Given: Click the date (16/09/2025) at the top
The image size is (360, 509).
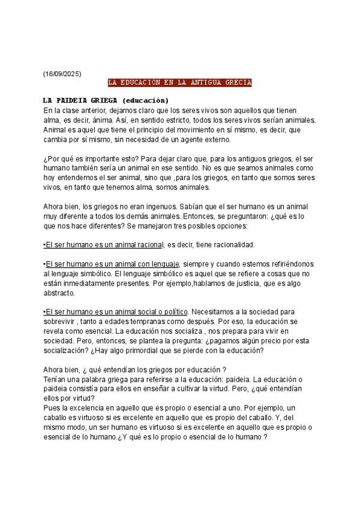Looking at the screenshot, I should click(62, 74).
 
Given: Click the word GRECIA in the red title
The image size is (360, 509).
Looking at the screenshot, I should click(237, 83).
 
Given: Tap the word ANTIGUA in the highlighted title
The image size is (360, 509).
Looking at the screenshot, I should click(199, 83).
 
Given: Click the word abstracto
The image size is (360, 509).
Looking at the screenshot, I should click(59, 294).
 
